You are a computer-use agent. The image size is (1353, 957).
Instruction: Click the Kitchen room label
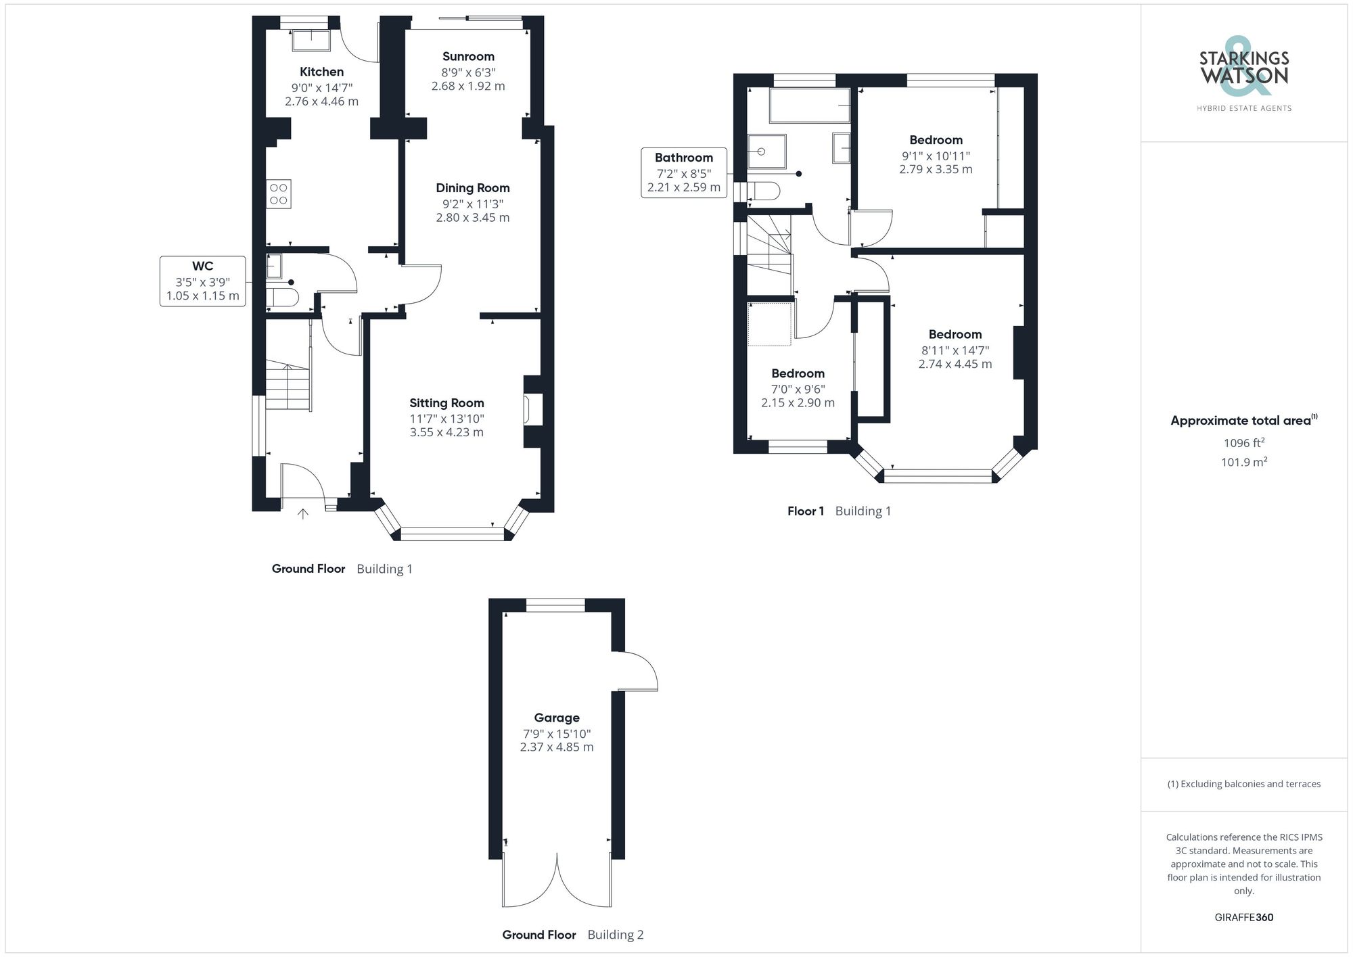(x=321, y=72)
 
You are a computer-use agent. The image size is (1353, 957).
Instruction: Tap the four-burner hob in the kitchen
(x=279, y=194)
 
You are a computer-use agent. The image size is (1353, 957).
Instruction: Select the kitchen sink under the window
(x=311, y=41)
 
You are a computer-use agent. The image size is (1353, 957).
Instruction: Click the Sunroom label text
(x=468, y=57)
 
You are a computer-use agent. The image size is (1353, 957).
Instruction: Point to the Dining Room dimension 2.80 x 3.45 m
(x=472, y=218)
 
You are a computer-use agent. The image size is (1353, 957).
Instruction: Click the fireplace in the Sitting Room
(x=528, y=410)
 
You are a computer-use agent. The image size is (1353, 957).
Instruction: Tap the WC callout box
(x=202, y=281)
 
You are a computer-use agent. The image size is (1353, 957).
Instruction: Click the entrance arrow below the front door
(x=303, y=514)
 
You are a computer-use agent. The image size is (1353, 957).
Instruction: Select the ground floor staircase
(x=288, y=387)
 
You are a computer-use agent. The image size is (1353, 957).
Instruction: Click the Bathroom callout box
(x=683, y=172)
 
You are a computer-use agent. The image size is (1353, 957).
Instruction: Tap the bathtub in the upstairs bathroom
(x=810, y=106)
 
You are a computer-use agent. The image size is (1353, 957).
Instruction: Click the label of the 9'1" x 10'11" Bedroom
(x=936, y=140)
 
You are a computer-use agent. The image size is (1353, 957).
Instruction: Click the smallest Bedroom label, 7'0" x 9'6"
(x=798, y=373)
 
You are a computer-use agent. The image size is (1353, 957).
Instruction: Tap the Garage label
(x=556, y=718)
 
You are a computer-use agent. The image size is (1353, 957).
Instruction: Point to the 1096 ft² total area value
(x=1243, y=443)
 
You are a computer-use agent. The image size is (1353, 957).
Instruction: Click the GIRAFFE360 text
(x=1243, y=918)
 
